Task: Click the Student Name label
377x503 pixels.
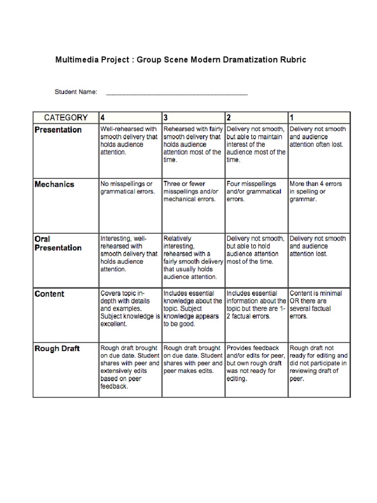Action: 76,92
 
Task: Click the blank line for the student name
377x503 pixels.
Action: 177,93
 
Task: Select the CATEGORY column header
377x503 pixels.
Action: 66,118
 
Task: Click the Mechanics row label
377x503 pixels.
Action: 54,185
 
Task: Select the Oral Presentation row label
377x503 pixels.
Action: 57,243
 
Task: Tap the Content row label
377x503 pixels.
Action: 49,294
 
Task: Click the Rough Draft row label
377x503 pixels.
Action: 57,349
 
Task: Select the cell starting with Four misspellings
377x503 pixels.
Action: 255,192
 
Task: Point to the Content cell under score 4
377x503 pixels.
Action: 130,308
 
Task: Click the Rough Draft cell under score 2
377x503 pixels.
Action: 255,363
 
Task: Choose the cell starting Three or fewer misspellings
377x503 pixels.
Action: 192,192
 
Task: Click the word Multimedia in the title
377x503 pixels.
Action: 76,59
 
